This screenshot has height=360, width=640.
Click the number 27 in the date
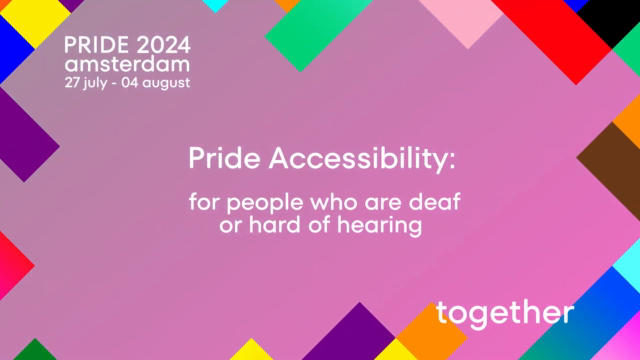point(73,82)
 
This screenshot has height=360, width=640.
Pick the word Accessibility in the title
point(362,160)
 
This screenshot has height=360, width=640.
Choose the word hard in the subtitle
point(269,225)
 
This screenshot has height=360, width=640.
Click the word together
point(506,313)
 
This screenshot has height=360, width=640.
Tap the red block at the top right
point(545,25)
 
